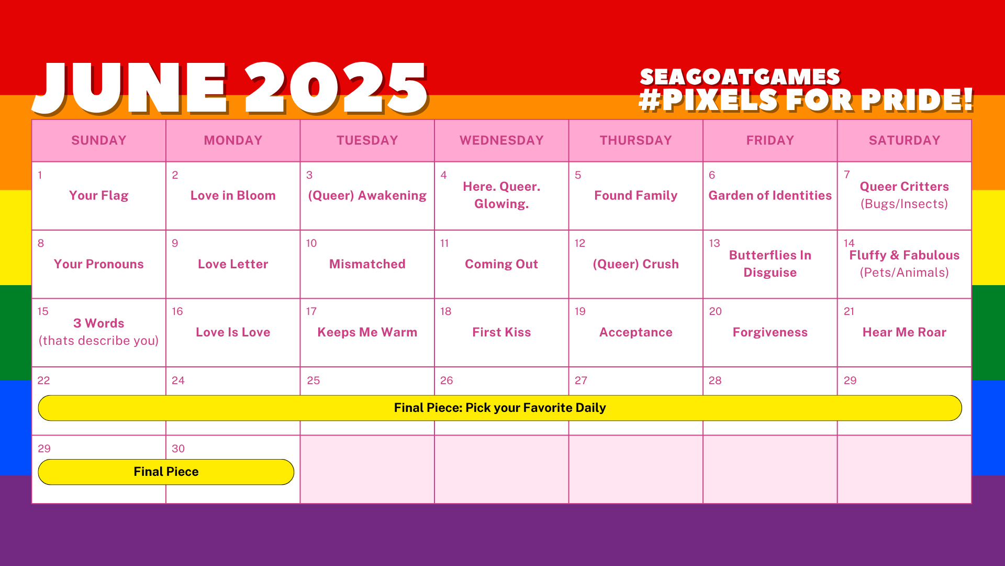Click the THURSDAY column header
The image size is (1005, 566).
635,140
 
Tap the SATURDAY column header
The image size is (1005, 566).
904,140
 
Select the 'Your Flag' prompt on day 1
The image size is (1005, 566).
98,195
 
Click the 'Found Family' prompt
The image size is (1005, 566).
635,195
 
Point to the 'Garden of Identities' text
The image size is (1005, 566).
770,195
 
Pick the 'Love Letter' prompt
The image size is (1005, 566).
233,264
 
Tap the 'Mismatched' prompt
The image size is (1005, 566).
367,264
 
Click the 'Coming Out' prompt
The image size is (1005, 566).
501,264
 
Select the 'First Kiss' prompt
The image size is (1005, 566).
501,332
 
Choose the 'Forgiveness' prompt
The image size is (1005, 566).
770,332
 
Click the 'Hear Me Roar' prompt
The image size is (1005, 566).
904,332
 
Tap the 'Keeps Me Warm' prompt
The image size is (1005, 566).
367,332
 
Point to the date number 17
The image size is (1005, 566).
311,311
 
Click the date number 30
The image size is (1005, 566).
178,449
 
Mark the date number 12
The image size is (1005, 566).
580,243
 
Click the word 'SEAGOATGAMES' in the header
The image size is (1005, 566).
740,77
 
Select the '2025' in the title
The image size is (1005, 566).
337,88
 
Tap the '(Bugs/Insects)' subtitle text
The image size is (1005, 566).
904,204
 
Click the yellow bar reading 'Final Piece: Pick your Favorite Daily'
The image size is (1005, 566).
500,408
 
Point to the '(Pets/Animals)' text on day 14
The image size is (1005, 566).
904,273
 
